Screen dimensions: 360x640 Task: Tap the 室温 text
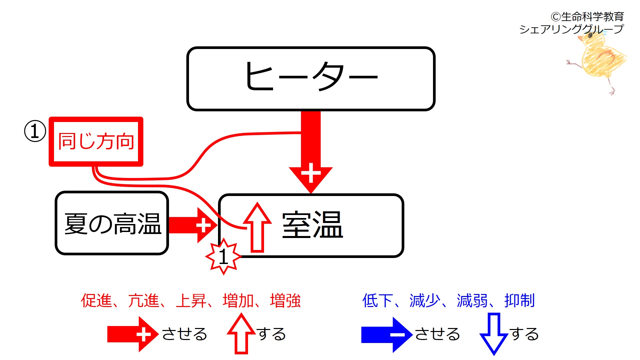coord(312,225)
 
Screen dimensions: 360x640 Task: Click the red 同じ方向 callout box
coord(96,141)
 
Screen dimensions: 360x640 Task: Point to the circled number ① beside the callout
coord(35,131)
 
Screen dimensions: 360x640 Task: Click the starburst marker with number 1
coord(223,257)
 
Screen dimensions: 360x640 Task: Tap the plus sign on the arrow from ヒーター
coord(311,173)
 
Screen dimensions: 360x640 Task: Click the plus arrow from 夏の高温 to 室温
coord(193,225)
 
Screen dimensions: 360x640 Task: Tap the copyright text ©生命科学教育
coord(587,16)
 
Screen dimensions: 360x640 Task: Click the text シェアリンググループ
coord(571,29)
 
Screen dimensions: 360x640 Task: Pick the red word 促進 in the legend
coord(96,300)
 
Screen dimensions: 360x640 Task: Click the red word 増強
coord(285,300)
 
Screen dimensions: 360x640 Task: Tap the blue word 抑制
coord(520,300)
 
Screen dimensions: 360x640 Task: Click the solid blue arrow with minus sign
coord(387,334)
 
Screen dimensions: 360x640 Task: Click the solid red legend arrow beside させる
coord(132,334)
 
